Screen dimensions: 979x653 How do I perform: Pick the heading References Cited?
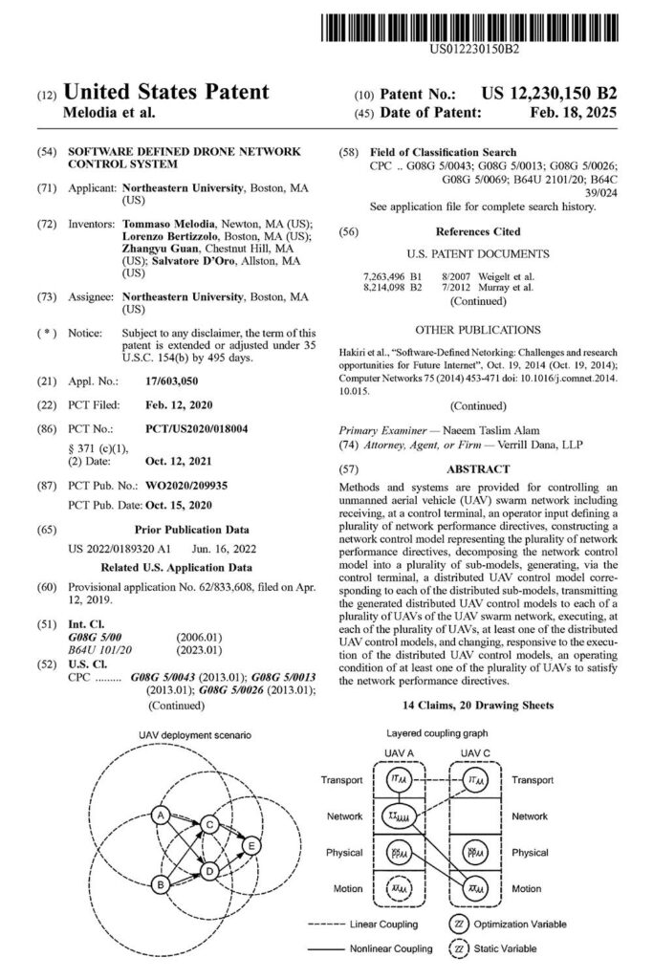tap(478, 231)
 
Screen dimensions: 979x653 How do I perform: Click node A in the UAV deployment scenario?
tap(162, 815)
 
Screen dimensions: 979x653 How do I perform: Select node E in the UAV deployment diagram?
tap(251, 845)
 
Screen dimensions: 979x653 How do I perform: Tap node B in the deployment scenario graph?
tap(162, 885)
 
